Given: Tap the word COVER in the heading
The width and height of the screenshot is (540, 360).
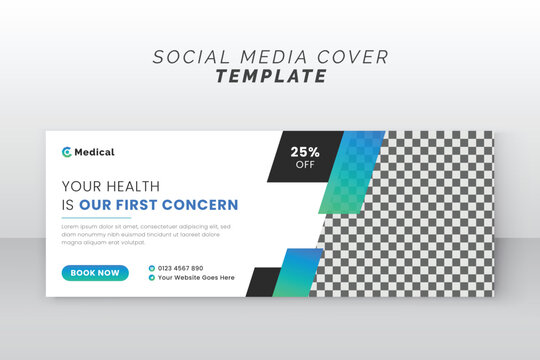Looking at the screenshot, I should click(352, 56).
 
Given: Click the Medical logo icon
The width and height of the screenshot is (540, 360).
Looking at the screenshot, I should click(67, 152).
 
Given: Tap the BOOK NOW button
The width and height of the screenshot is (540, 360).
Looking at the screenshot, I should click(95, 272).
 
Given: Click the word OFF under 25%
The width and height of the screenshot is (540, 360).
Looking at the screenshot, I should click(305, 165).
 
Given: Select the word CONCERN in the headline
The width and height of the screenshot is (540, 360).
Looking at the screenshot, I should click(203, 205).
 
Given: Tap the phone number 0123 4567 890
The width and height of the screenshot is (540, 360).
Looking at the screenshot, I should click(181, 268).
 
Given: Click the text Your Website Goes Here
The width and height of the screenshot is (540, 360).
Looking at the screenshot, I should click(196, 278).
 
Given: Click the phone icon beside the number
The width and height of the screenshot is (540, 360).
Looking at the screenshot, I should click(152, 268).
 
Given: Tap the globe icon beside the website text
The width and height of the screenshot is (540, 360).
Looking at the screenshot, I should click(152, 278).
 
